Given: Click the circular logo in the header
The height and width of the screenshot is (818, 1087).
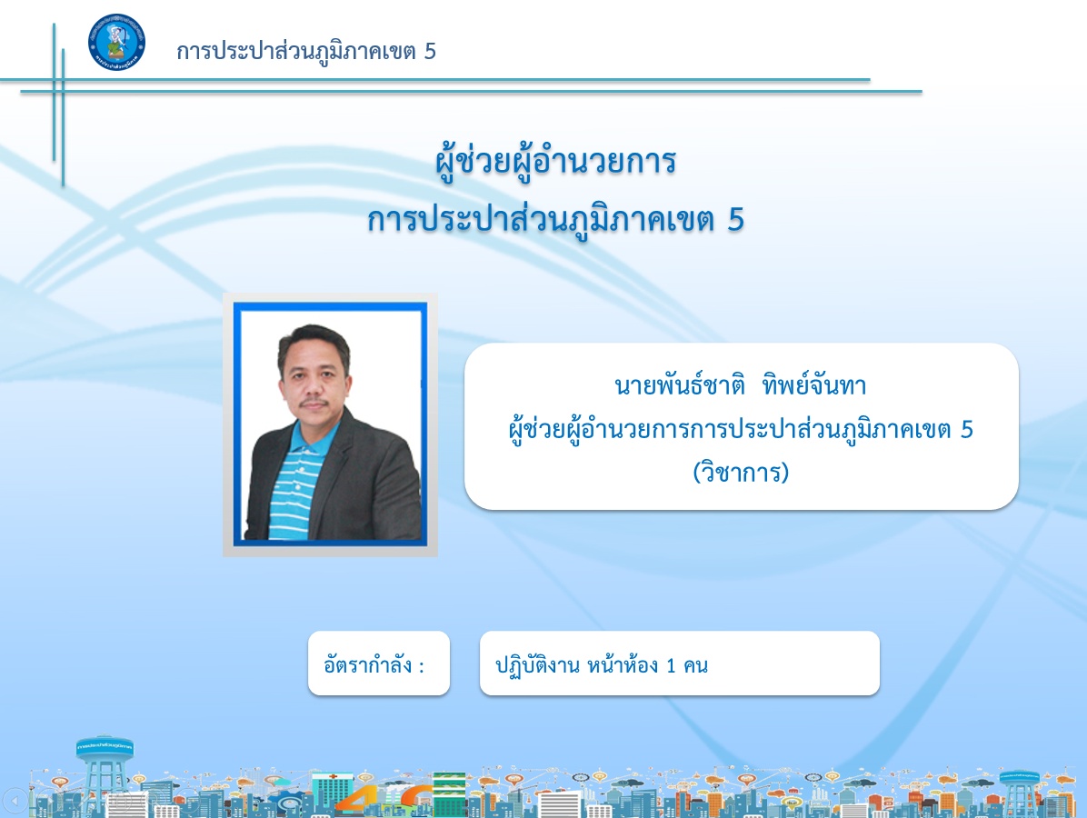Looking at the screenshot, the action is coord(116,43).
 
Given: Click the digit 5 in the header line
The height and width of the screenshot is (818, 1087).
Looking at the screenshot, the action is coord(430,51).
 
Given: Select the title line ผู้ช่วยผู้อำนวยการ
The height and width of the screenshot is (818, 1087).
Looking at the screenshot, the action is coord(555,162).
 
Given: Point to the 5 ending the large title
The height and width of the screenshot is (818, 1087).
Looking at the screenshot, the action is coord(735,220).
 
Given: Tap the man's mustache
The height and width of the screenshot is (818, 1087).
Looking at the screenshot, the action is coord(314,402).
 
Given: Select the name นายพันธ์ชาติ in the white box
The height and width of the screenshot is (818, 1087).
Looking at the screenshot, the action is coord(680,385).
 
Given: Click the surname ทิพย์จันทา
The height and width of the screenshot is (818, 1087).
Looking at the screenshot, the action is coord(813,385).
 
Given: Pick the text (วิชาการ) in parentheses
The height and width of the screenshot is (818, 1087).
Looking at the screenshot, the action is coord(741,473).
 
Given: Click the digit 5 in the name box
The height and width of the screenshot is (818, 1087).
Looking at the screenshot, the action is coord(966,430).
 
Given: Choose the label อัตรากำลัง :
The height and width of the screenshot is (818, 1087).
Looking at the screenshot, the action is coord(374,665).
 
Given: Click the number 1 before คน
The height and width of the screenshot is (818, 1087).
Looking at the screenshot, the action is coord(671,666).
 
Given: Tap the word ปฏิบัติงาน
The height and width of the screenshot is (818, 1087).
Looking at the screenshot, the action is coord(537,666).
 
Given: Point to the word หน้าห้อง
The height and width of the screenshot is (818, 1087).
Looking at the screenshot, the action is coord(623,665).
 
